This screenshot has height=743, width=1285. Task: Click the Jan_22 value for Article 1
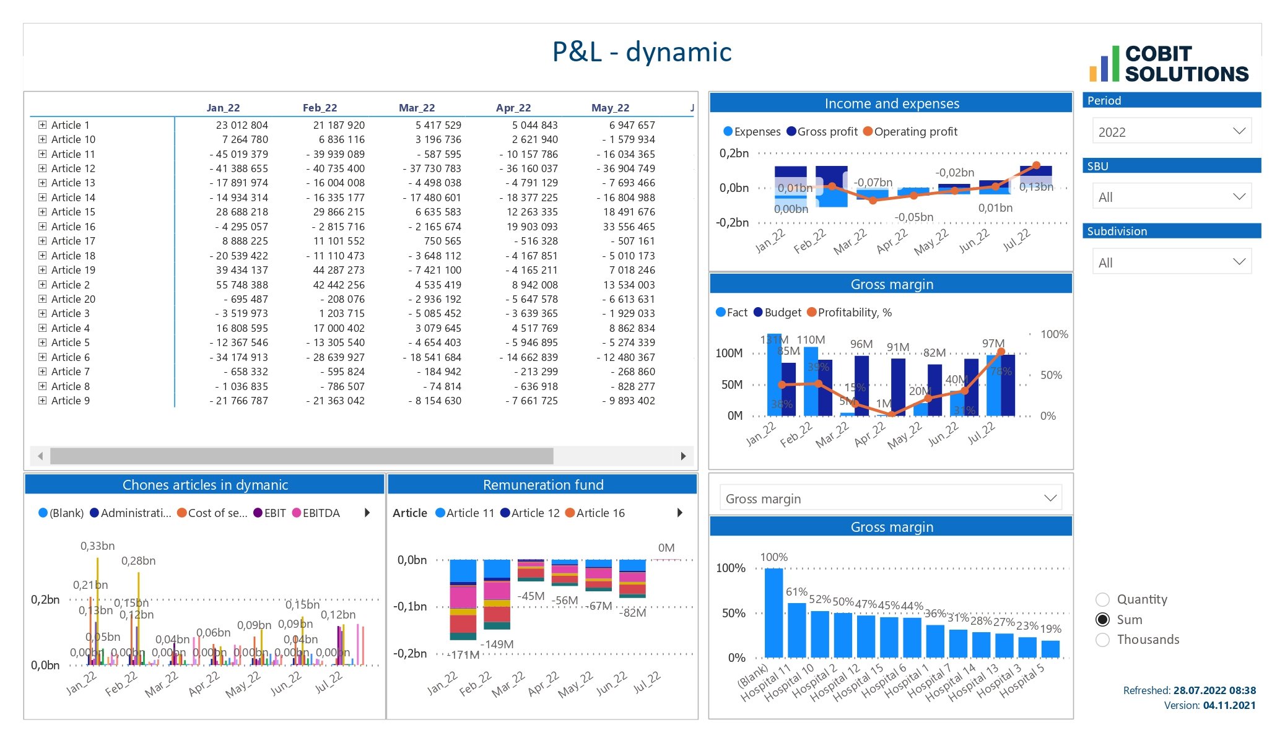pyautogui.click(x=242, y=125)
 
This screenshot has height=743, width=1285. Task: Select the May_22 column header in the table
pyautogui.click(x=610, y=108)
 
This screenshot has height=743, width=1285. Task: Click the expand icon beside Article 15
pyautogui.click(x=42, y=212)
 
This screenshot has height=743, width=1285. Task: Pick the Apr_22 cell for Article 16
pyautogui.click(x=532, y=227)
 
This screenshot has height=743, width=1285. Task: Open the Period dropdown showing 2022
pyautogui.click(x=1171, y=131)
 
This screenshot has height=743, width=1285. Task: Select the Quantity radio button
pyautogui.click(x=1102, y=599)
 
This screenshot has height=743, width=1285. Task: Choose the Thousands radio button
pyautogui.click(x=1102, y=640)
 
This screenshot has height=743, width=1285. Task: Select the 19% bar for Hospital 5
pyautogui.click(x=1050, y=648)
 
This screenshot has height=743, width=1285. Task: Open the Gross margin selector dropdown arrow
pyautogui.click(x=1050, y=498)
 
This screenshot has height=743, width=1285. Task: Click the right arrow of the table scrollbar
pyautogui.click(x=683, y=456)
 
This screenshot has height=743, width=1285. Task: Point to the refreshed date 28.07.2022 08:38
pyautogui.click(x=1214, y=690)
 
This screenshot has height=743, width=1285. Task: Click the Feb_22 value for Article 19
pyautogui.click(x=338, y=270)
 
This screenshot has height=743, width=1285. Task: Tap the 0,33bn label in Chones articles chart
pyautogui.click(x=97, y=546)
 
